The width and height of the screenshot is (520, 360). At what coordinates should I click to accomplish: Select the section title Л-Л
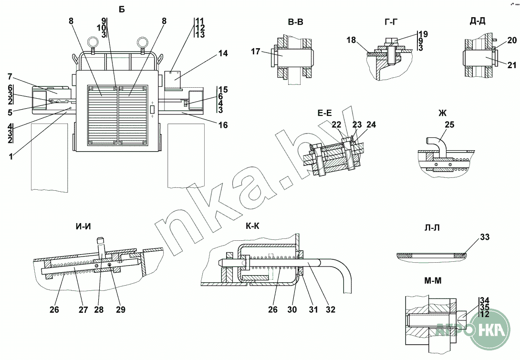(x=432, y=227)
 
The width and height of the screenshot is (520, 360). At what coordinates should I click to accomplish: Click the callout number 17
(x=256, y=51)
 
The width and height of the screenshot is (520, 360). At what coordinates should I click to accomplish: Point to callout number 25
(x=450, y=125)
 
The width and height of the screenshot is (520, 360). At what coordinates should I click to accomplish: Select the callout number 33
(x=485, y=237)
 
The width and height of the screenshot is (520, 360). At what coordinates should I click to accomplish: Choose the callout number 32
(x=331, y=310)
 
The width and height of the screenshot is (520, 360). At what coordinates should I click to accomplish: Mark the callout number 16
(x=223, y=125)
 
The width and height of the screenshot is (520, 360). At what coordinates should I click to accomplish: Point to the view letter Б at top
(x=122, y=10)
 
